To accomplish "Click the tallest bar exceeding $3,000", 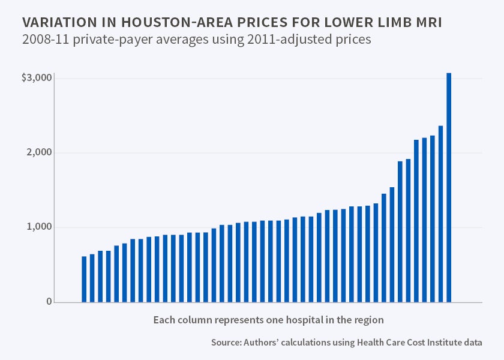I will pyautogui.click(x=449, y=187).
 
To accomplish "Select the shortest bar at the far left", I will pyautogui.click(x=84, y=279).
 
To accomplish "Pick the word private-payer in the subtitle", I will pyautogui.click(x=109, y=41).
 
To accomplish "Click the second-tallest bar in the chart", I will pyautogui.click(x=440, y=214).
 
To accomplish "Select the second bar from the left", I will pyautogui.click(x=92, y=278).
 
